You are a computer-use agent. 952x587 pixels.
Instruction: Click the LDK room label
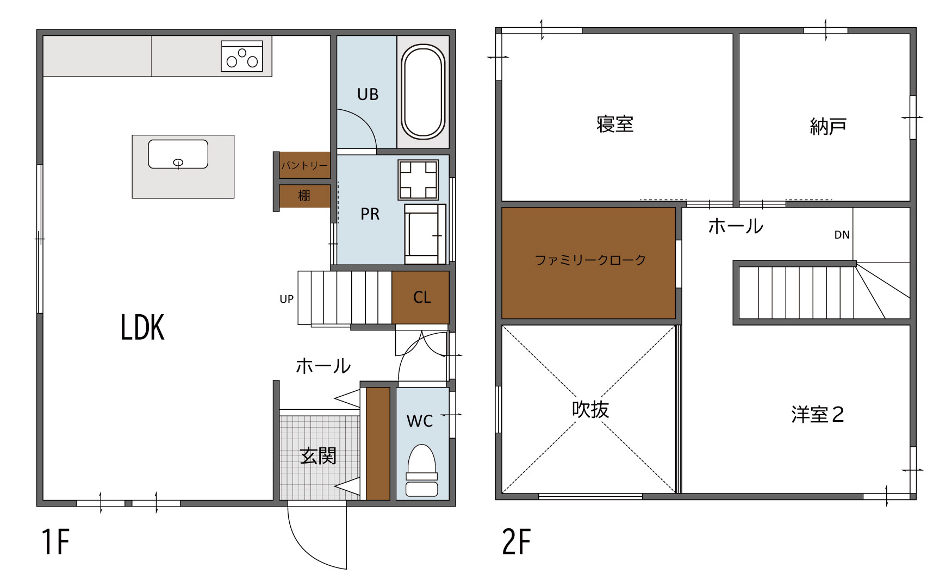click(142, 328)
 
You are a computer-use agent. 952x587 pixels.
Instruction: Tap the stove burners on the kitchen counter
click(242, 56)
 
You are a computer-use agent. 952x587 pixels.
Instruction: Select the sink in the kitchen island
click(178, 154)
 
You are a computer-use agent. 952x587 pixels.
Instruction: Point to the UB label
click(368, 95)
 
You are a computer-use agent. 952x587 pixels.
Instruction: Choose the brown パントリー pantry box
click(304, 165)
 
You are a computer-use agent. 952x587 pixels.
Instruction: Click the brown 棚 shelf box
click(304, 196)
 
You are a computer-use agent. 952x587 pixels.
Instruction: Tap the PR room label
click(370, 214)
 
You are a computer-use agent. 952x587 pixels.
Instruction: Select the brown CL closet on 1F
click(421, 297)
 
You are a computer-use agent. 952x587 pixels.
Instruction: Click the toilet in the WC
click(422, 471)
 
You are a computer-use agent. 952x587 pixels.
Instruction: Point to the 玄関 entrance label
click(319, 456)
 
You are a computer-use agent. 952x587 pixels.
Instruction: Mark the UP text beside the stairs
click(287, 299)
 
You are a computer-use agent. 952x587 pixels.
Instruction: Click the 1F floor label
click(55, 541)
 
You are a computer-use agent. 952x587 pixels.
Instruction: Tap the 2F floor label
click(516, 541)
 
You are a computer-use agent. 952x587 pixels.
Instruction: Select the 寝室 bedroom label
click(615, 124)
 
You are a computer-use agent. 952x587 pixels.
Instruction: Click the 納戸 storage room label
click(828, 127)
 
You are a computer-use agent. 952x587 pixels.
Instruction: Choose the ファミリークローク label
click(590, 260)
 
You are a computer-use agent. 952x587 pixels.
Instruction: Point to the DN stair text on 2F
click(842, 235)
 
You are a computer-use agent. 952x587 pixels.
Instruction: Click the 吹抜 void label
click(590, 409)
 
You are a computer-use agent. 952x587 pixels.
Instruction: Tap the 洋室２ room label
click(818, 415)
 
